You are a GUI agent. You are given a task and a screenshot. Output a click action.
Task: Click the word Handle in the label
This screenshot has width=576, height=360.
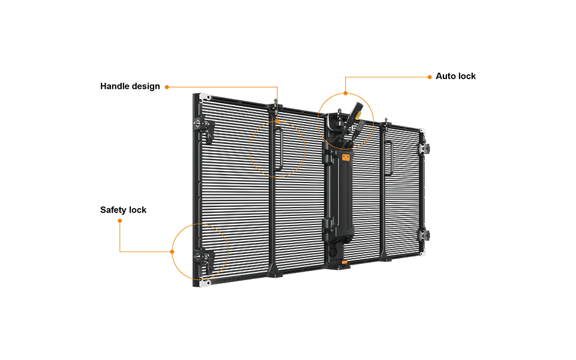(x=115, y=86)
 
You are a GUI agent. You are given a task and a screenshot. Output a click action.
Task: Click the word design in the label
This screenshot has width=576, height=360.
(x=146, y=86)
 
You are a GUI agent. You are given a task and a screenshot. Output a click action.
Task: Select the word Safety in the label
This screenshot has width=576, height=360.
(x=113, y=210)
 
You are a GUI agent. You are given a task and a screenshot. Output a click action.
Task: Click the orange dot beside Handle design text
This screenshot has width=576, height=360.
(x=167, y=87)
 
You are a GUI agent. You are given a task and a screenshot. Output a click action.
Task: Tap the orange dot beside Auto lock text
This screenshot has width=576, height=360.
(x=430, y=77)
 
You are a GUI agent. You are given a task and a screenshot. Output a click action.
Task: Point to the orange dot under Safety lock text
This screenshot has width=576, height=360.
(x=120, y=221)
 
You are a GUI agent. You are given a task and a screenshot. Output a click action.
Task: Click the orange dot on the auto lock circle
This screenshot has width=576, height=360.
(x=346, y=94)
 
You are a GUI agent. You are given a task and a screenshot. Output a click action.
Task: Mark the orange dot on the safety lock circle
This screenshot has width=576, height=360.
(x=172, y=251)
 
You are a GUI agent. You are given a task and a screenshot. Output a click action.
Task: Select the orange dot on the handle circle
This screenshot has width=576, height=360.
(x=277, y=121)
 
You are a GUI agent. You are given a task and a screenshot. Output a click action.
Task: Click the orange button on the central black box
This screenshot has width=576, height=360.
(x=346, y=158)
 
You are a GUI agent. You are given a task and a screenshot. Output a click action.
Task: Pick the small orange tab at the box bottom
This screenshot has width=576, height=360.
(x=344, y=262)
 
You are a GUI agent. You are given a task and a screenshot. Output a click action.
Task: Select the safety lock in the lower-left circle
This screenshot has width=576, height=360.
(x=204, y=261)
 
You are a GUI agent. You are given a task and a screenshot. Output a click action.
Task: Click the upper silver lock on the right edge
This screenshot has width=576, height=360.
(x=424, y=148)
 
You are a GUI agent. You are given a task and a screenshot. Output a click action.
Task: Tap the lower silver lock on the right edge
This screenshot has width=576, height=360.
(x=424, y=235)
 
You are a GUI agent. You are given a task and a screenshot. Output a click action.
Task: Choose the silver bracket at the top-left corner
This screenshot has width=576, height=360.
(x=205, y=98)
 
